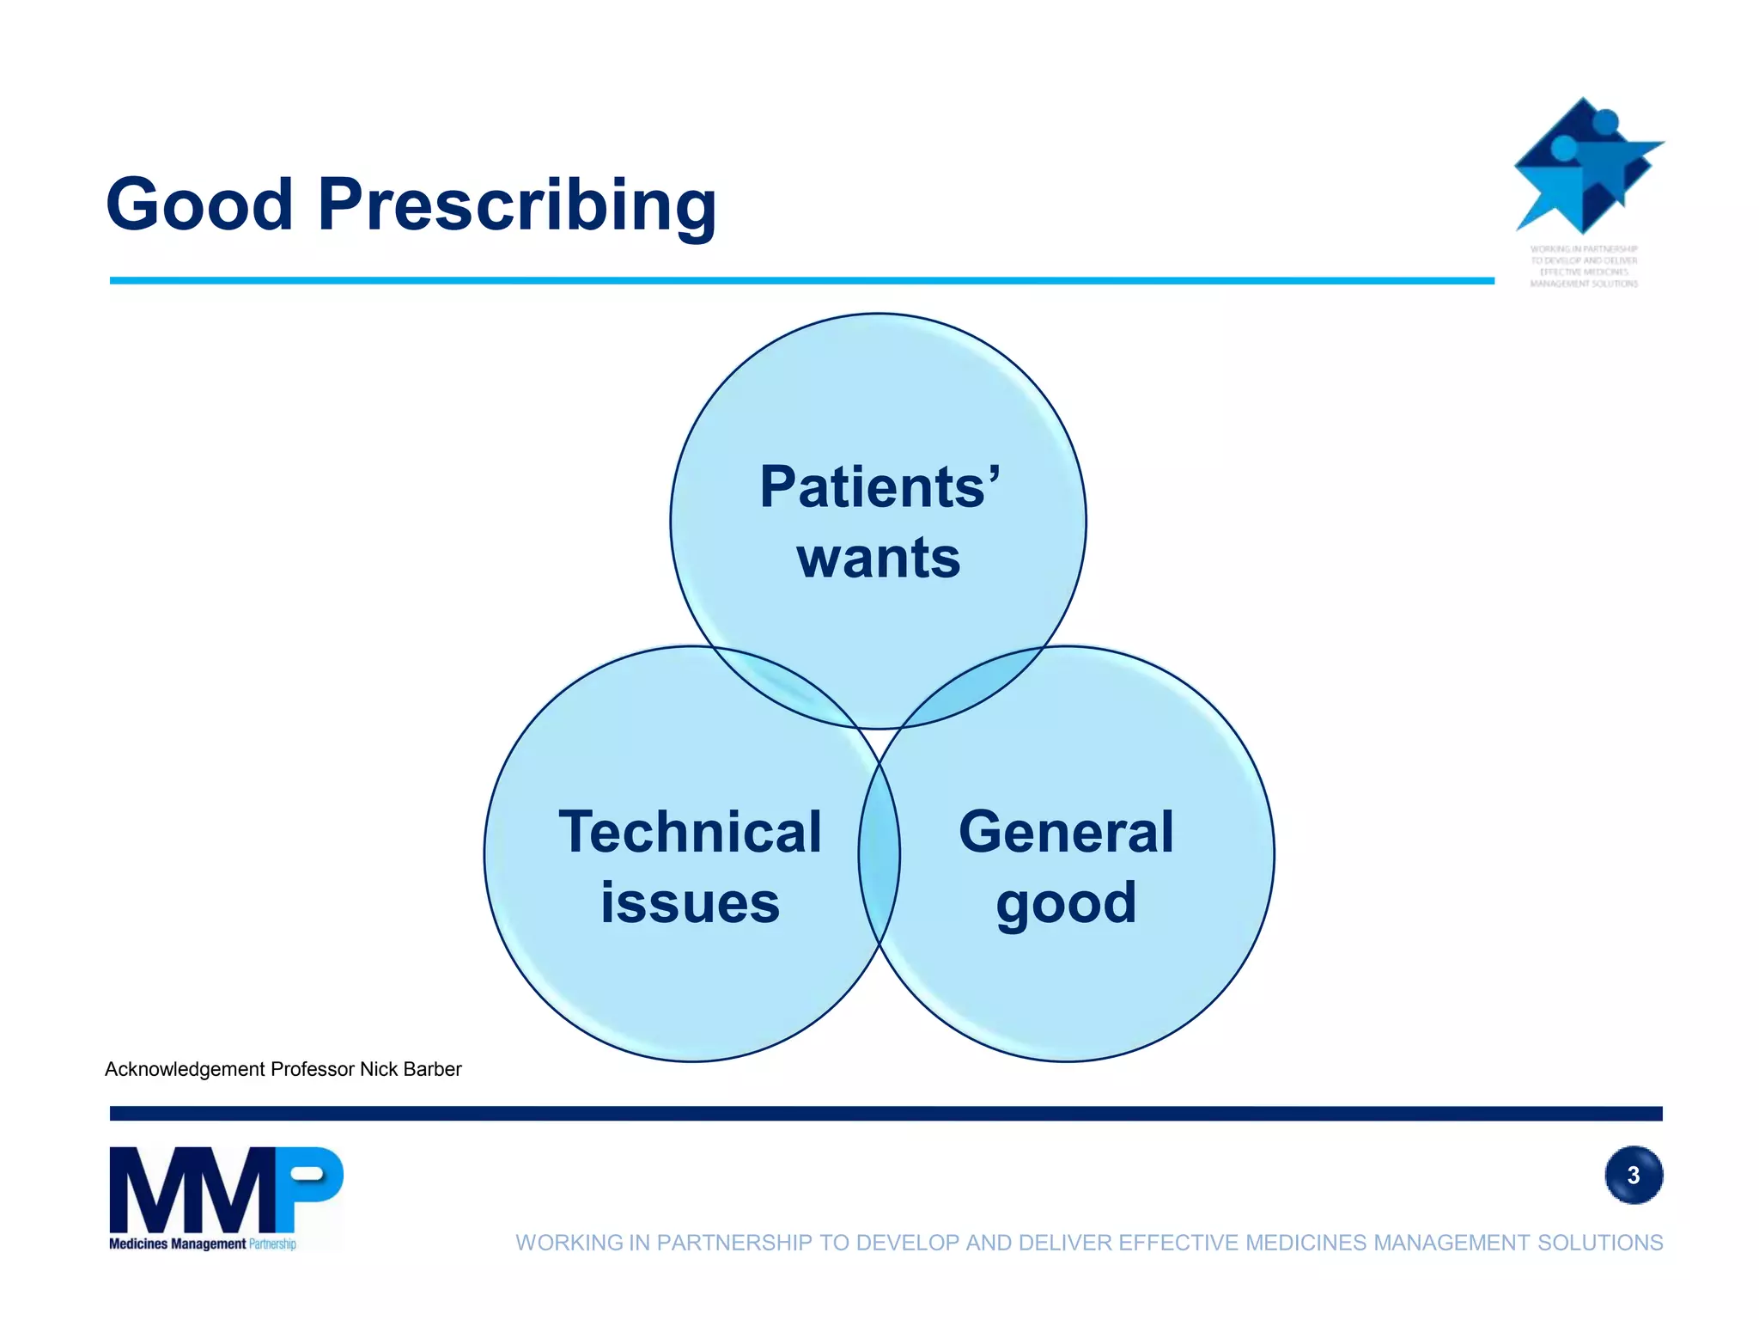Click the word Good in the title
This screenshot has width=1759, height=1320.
click(x=199, y=205)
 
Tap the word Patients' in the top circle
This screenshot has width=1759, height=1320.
click(x=879, y=486)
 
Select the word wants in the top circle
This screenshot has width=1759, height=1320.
click(x=878, y=559)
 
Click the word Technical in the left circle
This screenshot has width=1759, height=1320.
click(x=691, y=832)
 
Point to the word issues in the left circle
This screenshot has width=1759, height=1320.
click(x=690, y=903)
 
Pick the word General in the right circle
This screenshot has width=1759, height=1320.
click(x=1066, y=832)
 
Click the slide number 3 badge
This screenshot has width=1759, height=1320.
click(x=1634, y=1175)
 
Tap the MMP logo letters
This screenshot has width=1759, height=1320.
click(x=225, y=1190)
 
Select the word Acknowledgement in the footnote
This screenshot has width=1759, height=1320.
click(x=185, y=1069)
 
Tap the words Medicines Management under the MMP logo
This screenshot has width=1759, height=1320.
click(x=177, y=1244)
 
